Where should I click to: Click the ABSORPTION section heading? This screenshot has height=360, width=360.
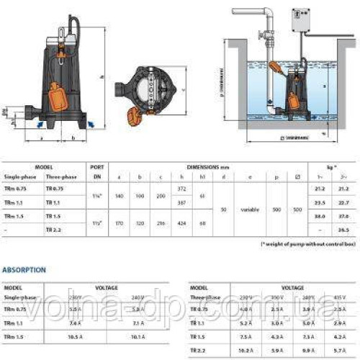tap(24, 270)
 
